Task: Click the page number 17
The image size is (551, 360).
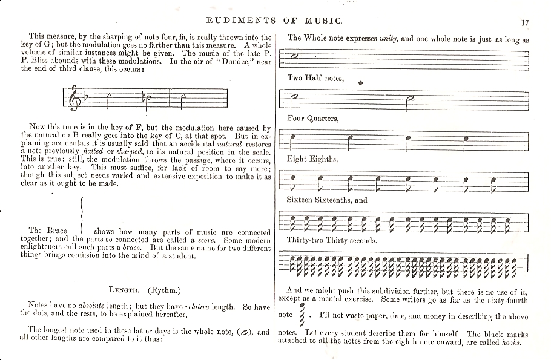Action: pos(524,23)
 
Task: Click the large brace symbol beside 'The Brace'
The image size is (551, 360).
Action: pos(82,214)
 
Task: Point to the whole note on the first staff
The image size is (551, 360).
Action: pos(295,56)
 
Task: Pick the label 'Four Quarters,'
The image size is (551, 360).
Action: pos(313,119)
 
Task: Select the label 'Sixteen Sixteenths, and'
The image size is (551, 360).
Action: pos(328,200)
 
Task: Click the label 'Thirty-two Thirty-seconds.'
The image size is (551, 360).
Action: pos(332,240)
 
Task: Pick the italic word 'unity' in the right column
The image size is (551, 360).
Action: pos(388,39)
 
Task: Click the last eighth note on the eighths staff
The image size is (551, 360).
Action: pos(494,180)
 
